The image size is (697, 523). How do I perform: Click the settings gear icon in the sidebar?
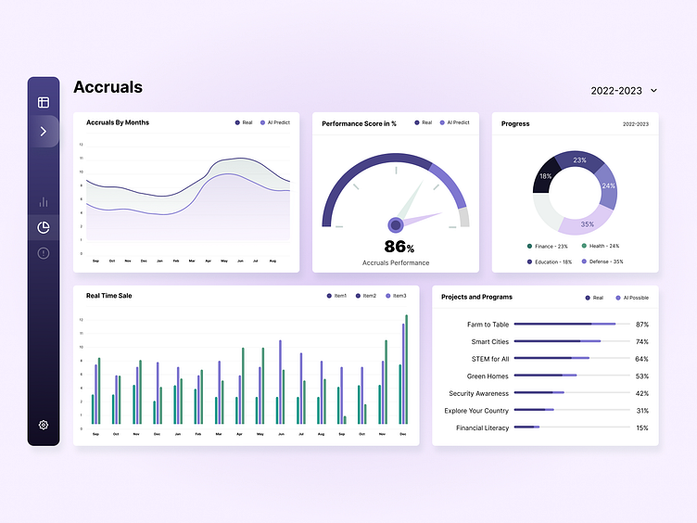pos(43,425)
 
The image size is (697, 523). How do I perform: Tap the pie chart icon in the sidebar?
pos(43,227)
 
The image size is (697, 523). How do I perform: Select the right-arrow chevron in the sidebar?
pos(43,132)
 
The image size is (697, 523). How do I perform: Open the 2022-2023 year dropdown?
pos(624,91)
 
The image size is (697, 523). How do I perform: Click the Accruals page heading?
pos(108,87)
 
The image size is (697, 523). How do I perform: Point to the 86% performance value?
pos(399,247)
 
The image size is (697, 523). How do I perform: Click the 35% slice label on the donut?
pos(587,223)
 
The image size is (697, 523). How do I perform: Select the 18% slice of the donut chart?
pos(546,176)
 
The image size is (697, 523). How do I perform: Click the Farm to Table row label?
pos(488,325)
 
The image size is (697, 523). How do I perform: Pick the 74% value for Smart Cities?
pos(641,342)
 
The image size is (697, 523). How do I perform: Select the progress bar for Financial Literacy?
pos(526,427)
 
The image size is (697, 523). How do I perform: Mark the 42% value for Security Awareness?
pos(641,393)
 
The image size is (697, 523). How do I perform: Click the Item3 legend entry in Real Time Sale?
pos(396,296)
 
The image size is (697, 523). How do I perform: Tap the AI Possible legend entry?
pos(631,298)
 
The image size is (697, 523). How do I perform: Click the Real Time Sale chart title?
pos(110,296)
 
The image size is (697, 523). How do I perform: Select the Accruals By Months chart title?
pos(117,122)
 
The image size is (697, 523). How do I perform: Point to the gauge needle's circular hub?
pos(396,224)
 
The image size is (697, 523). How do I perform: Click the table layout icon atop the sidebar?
pos(43,102)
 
